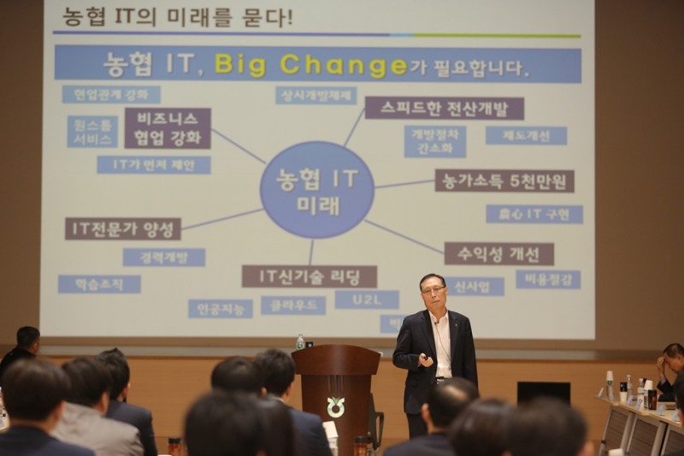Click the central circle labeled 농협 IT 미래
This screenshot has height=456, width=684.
coord(317,190)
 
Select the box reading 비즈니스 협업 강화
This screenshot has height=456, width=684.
coord(168,128)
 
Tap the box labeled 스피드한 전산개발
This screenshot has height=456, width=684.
coord(444,108)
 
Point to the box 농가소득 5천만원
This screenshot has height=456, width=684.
coord(504,181)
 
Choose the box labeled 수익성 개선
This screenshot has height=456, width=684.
coord(498,253)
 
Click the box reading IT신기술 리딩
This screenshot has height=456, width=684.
coord(309,276)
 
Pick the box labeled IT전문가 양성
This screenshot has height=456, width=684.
coord(123,228)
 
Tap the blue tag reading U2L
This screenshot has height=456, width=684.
coord(366,299)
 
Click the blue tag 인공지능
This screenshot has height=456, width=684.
coord(220,308)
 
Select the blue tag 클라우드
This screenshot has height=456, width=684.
coord(293,305)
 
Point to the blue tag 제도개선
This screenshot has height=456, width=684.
coord(526,135)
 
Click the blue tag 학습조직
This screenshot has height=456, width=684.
coord(99,284)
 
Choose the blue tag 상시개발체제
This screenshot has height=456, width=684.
coord(315,95)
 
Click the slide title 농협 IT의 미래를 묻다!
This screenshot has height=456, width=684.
coord(178,17)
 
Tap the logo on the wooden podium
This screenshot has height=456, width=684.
coord(335,406)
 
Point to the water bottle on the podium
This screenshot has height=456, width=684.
coord(300,342)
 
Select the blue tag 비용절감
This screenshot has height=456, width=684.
coord(547,280)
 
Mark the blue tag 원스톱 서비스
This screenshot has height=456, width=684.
coord(92,132)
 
